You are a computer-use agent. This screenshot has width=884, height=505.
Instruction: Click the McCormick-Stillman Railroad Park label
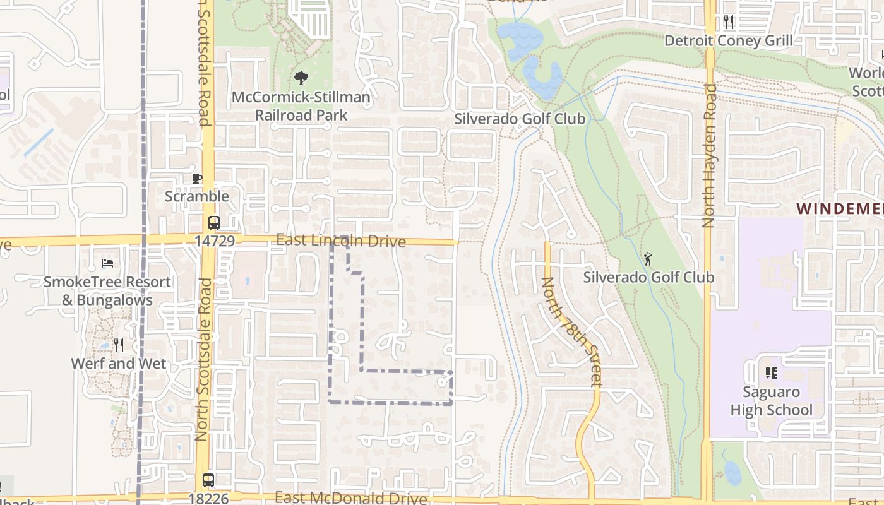pos(301,107)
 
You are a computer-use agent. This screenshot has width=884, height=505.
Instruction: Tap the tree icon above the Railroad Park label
pos(301,78)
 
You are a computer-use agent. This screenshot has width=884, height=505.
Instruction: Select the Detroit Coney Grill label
pos(729,41)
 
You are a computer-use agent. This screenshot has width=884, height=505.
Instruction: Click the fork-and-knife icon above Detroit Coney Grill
pos(729,22)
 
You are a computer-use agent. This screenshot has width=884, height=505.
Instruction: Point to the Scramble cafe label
pos(197,196)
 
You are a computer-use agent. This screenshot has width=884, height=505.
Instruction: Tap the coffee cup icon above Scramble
pos(197,178)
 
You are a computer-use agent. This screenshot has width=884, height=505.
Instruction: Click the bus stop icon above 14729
pos(214,222)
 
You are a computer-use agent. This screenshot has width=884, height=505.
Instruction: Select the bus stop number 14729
pos(215,241)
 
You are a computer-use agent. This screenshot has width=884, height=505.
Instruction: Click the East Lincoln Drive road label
pos(341,241)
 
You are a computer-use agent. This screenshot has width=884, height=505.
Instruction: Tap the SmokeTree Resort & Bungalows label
pos(107,291)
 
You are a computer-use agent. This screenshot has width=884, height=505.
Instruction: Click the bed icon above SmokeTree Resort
pos(107,263)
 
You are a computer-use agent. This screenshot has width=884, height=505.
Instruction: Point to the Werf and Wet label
pos(119,364)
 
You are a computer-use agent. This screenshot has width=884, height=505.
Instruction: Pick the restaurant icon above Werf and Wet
pos(118,345)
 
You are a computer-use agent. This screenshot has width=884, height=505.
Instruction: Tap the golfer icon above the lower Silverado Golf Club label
pos(648,259)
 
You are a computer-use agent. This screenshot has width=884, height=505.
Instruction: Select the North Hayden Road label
pos(710,155)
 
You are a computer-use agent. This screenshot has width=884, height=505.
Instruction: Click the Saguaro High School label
pos(772,401)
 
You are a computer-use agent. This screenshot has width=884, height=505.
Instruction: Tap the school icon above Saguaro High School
pos(771,373)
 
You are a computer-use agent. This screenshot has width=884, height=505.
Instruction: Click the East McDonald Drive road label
pos(351,498)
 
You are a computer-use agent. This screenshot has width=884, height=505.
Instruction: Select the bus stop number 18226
pos(208,498)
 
